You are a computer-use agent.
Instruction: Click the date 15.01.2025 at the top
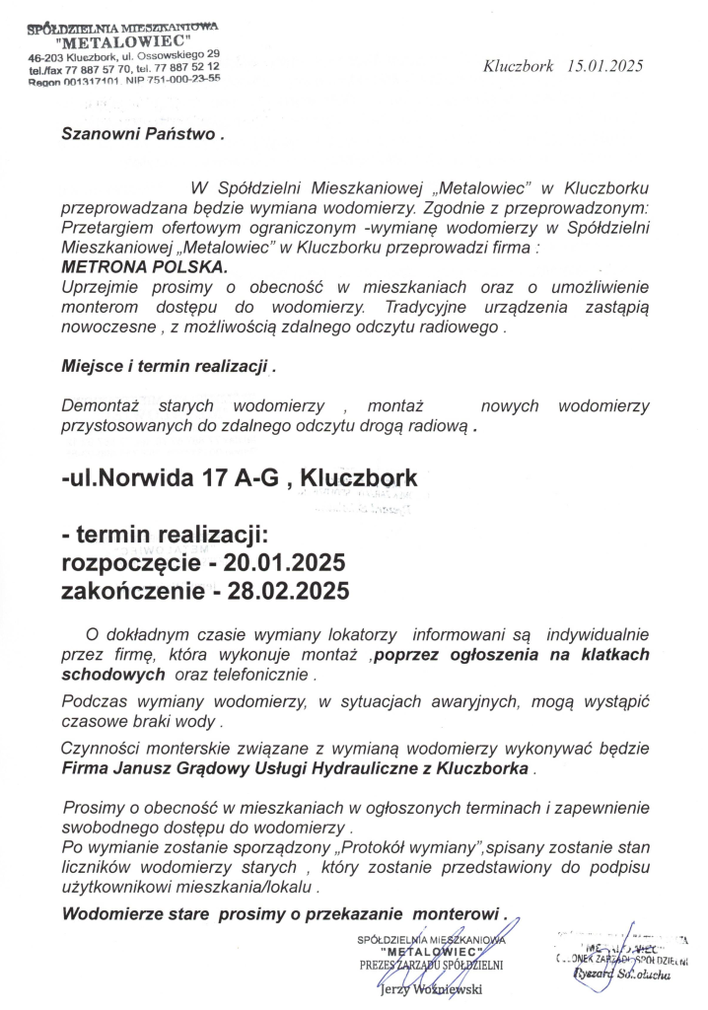coord(605,66)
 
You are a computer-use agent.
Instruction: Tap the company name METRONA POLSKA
coord(144,266)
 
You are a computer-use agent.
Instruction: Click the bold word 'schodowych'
coord(112,676)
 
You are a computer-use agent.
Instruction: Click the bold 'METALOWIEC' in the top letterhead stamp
coord(122,42)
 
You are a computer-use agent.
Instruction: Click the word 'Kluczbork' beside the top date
coord(519,66)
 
